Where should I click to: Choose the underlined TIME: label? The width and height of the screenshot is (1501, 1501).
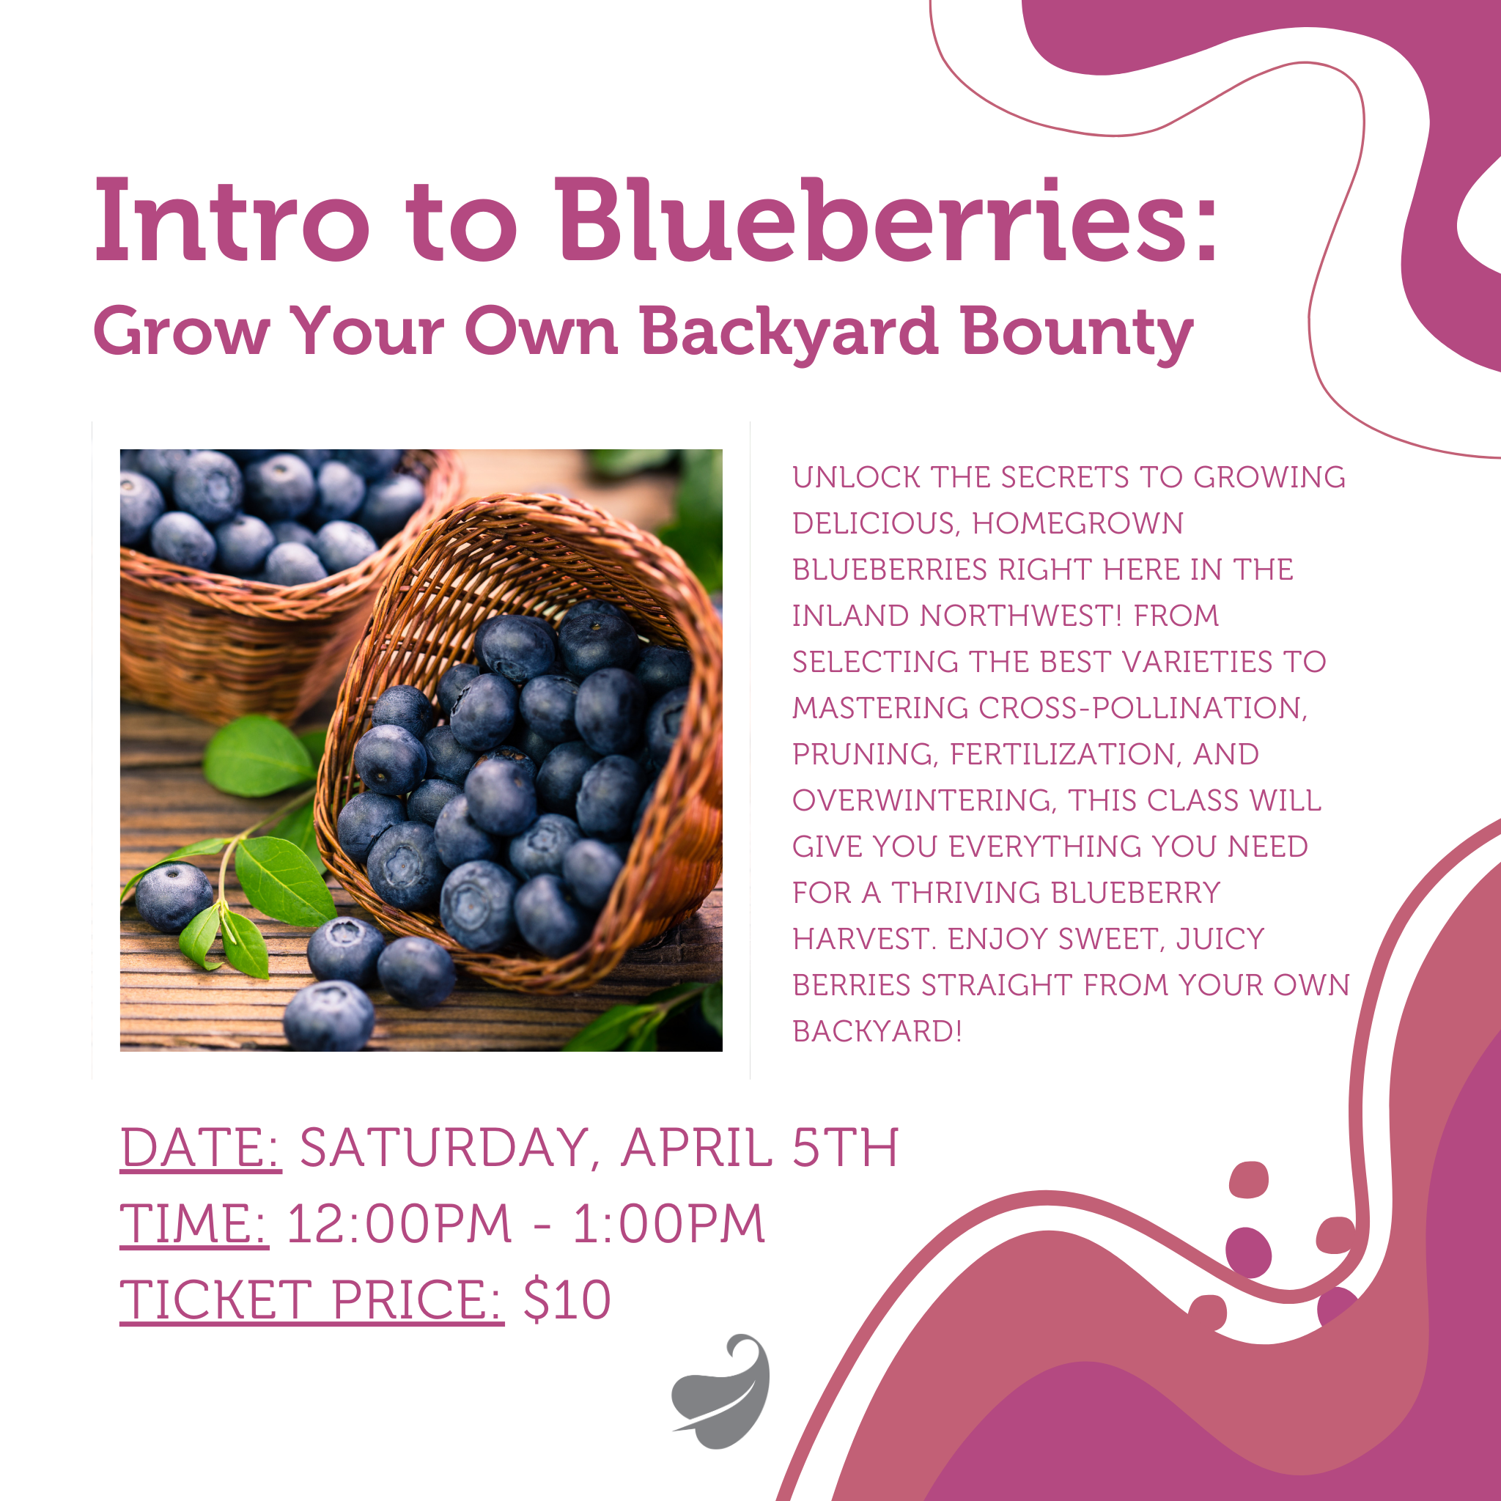pyautogui.click(x=194, y=1224)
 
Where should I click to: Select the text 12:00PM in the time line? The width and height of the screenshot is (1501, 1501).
pyautogui.click(x=399, y=1224)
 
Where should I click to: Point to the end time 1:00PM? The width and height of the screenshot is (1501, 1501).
pyautogui.click(x=669, y=1224)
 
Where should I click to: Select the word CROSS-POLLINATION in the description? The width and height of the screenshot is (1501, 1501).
pyautogui.click(x=1142, y=708)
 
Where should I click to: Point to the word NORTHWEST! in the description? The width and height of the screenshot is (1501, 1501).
pyautogui.click(x=1021, y=616)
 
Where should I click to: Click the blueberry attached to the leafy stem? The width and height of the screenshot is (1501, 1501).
pyautogui.click(x=173, y=896)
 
